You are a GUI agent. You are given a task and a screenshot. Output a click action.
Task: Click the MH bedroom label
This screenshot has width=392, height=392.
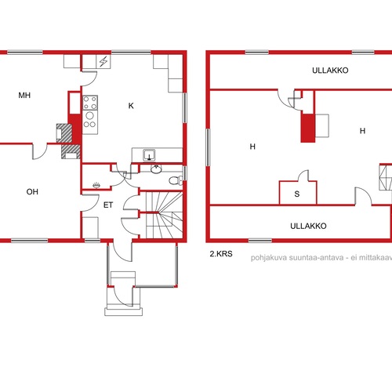(x=24, y=96)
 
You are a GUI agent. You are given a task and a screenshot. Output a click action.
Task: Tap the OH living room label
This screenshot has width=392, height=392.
(x=32, y=192)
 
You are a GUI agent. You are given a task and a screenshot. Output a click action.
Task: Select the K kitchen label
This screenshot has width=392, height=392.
(x=131, y=106)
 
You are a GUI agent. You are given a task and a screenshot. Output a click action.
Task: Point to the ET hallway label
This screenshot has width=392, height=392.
(x=108, y=205)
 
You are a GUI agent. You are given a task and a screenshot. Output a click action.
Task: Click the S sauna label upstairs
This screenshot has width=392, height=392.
(x=297, y=194)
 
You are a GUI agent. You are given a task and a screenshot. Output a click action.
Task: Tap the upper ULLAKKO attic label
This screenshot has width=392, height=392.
(x=330, y=71)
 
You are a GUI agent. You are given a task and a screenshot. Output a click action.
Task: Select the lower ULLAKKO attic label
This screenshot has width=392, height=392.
(x=308, y=226)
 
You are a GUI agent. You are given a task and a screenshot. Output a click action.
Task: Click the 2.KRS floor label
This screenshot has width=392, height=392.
(x=221, y=254)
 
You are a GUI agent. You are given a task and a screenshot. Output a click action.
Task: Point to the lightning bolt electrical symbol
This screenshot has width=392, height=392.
(x=103, y=62)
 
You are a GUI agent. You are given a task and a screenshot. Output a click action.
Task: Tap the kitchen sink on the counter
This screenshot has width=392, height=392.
(x=149, y=154)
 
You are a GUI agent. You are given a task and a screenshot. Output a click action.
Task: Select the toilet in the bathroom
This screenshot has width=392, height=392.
(x=176, y=180)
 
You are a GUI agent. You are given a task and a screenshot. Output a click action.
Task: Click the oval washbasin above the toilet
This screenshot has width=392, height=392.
(x=156, y=169)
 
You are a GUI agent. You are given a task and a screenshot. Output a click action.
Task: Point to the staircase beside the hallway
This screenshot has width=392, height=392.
(x=164, y=215)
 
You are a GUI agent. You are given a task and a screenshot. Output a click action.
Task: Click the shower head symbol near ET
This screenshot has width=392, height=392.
(x=96, y=185)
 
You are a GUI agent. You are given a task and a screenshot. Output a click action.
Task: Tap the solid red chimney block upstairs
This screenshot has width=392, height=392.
(x=307, y=128)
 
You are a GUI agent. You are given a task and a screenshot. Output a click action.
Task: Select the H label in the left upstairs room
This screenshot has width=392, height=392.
(x=252, y=147)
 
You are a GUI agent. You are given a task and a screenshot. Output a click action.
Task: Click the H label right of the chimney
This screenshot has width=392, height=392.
(x=362, y=131)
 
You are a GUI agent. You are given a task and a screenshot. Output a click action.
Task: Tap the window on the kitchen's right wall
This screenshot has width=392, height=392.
(x=185, y=107)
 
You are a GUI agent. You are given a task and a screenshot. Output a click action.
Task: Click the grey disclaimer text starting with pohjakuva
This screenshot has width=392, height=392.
(x=321, y=258)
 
